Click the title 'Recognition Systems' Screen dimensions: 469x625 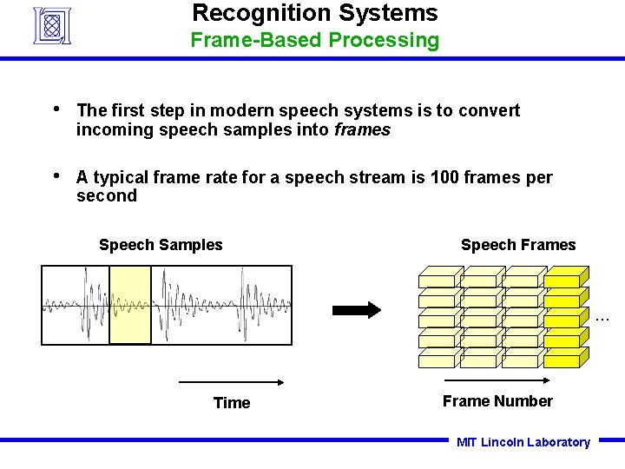click(314, 13)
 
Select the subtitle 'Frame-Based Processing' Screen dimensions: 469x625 click(314, 40)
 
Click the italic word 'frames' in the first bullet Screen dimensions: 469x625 click(362, 130)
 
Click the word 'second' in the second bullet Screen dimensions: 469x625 click(106, 196)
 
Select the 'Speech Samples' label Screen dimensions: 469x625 click(161, 245)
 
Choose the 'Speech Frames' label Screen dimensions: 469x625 click(517, 245)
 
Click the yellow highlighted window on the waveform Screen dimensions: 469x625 click(130, 305)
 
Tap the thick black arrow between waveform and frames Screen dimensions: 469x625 click(357, 310)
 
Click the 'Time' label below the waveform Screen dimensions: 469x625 click(232, 403)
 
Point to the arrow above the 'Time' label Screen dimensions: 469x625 click(232, 381)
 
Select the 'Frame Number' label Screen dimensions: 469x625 click(497, 401)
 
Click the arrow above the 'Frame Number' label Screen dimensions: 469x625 click(497, 380)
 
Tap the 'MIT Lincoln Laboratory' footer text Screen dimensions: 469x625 click(523, 443)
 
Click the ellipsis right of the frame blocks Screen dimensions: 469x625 click(603, 319)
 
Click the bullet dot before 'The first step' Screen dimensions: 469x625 click(56, 109)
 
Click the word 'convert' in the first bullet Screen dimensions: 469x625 click(490, 110)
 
